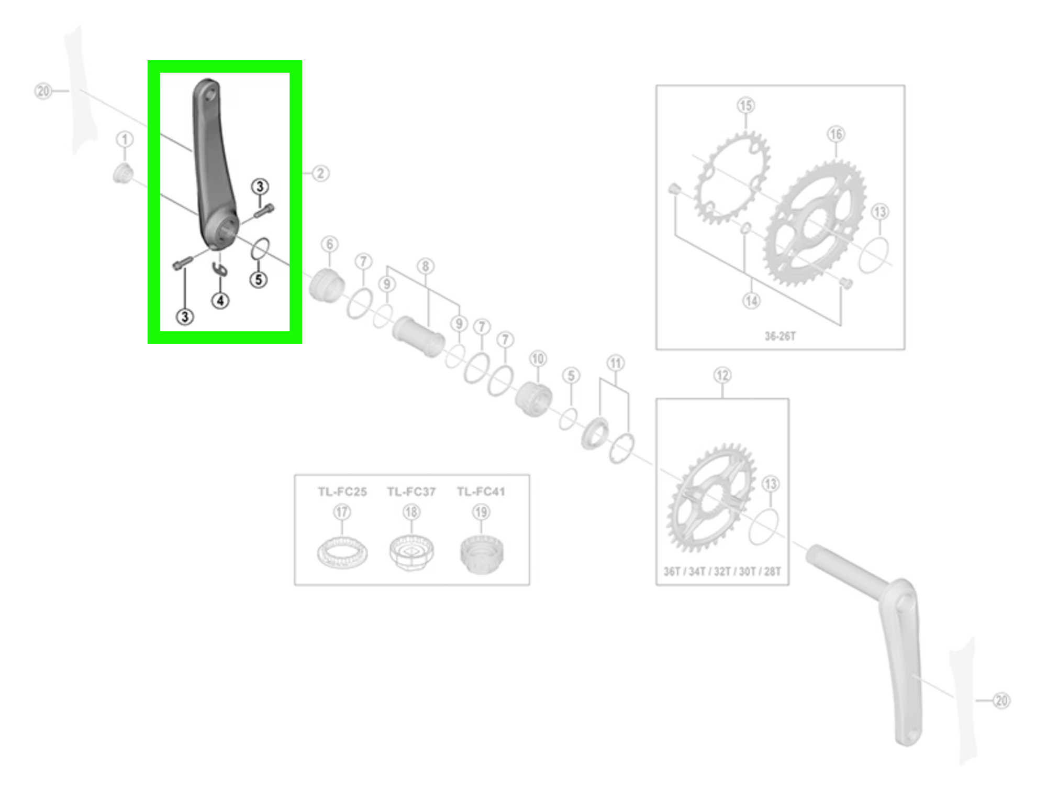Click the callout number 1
[125, 139]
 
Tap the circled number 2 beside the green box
[320, 173]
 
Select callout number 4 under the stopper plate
[220, 301]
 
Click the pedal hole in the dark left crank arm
[210, 94]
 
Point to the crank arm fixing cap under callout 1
[123, 173]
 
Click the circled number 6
[329, 244]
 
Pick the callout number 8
[426, 267]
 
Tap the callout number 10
[538, 359]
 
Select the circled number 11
[616, 363]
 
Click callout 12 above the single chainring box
[722, 375]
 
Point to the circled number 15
[746, 105]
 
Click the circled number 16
[836, 134]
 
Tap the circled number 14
[752, 301]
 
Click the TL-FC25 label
[342, 492]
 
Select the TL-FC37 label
[411, 492]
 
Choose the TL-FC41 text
[481, 492]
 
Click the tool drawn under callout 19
[482, 554]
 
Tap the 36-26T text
[780, 336]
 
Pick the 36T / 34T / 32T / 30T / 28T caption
[722, 572]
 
